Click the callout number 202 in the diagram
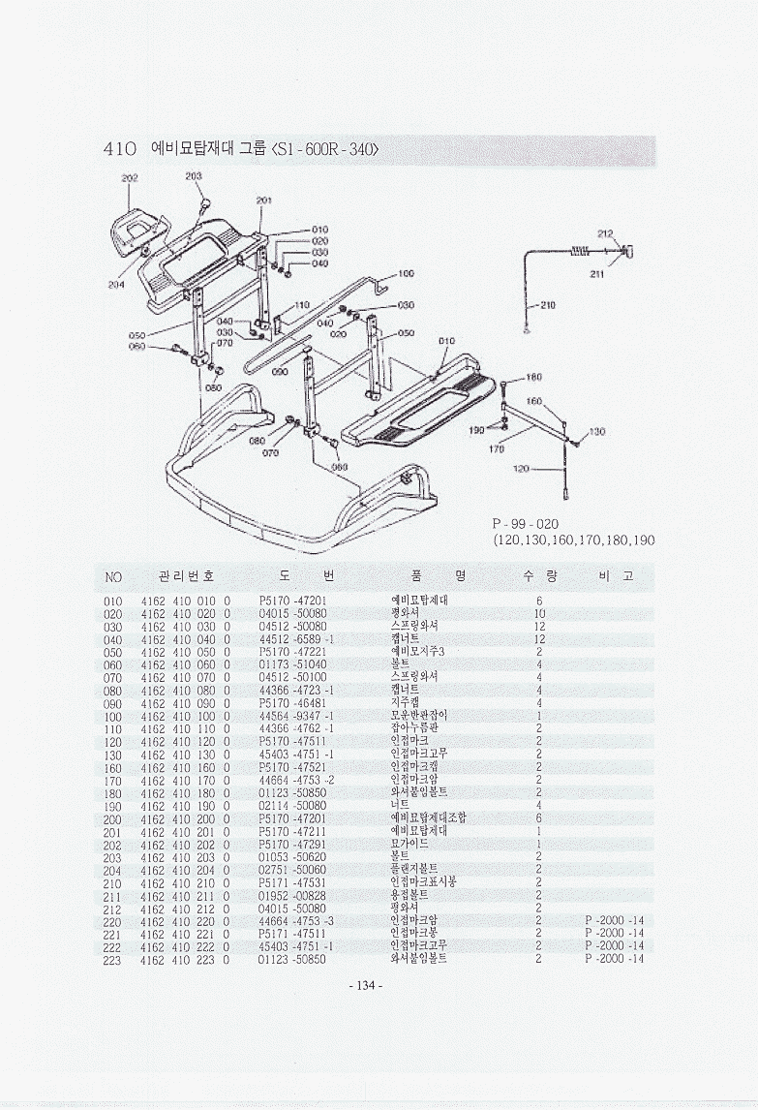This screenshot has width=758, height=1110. [x=129, y=178]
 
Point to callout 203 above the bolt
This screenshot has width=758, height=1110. [x=194, y=175]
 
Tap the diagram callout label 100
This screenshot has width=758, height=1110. [x=406, y=274]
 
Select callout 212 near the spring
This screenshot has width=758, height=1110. [x=605, y=234]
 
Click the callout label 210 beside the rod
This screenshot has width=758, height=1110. [x=547, y=306]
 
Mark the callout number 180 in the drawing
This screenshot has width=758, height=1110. [x=533, y=377]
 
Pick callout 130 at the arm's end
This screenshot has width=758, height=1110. [x=596, y=432]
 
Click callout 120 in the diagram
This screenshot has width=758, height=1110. [x=520, y=469]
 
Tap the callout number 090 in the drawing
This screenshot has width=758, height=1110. [x=280, y=371]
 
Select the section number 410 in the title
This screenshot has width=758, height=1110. [x=119, y=150]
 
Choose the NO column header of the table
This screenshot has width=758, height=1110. [x=113, y=577]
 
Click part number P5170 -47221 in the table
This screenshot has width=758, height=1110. [x=292, y=652]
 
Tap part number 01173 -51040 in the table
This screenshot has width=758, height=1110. [x=292, y=664]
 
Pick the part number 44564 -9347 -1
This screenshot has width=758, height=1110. [x=296, y=716]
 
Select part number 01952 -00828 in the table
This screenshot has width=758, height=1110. [x=292, y=895]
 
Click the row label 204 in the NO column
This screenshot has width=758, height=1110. [x=112, y=869]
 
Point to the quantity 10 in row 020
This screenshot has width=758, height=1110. [x=539, y=613]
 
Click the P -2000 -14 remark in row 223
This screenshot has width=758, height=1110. [x=614, y=959]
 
